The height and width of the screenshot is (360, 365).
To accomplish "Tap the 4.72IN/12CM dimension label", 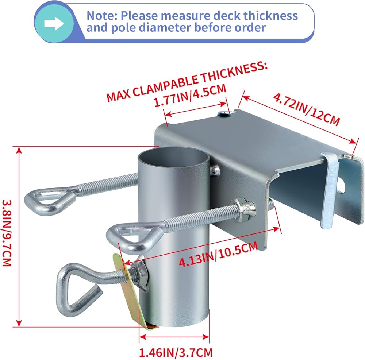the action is [307, 109].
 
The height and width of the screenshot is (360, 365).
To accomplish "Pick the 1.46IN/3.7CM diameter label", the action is [176, 352].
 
